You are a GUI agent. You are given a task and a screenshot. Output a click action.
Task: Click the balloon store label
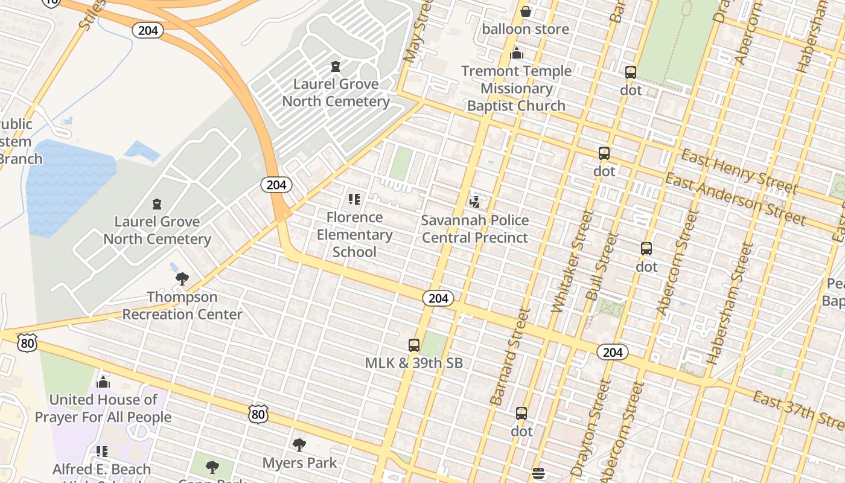tap(525, 29)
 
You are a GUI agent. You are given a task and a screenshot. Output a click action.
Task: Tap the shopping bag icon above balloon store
tap(526, 11)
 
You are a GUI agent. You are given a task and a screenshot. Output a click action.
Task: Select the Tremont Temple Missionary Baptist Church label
tap(516, 88)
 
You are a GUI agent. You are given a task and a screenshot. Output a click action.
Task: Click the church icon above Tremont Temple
tap(516, 54)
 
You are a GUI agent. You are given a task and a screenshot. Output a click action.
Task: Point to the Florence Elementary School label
tap(354, 234)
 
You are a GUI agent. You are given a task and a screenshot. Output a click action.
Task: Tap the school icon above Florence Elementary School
tap(354, 199)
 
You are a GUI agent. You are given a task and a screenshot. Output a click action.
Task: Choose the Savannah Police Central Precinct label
tap(475, 229)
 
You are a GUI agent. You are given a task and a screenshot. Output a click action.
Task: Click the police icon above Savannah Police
tap(475, 202)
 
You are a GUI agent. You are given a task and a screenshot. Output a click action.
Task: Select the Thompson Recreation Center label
tap(182, 305)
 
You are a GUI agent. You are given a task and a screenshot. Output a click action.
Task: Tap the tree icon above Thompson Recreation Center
tap(182, 279)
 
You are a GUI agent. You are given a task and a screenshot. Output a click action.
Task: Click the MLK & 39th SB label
tap(414, 363)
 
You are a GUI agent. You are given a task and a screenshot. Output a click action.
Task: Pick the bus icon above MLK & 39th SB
tap(414, 345)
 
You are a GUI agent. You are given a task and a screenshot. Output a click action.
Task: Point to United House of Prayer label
tap(103, 408)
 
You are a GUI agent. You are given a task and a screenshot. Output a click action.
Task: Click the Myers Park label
tap(299, 463)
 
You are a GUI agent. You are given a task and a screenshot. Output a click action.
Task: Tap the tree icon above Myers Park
tap(299, 446)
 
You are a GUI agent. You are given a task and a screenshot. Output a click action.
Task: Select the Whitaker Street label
tap(569, 261)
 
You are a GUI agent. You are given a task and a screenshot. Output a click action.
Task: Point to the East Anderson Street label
tap(735, 198)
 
